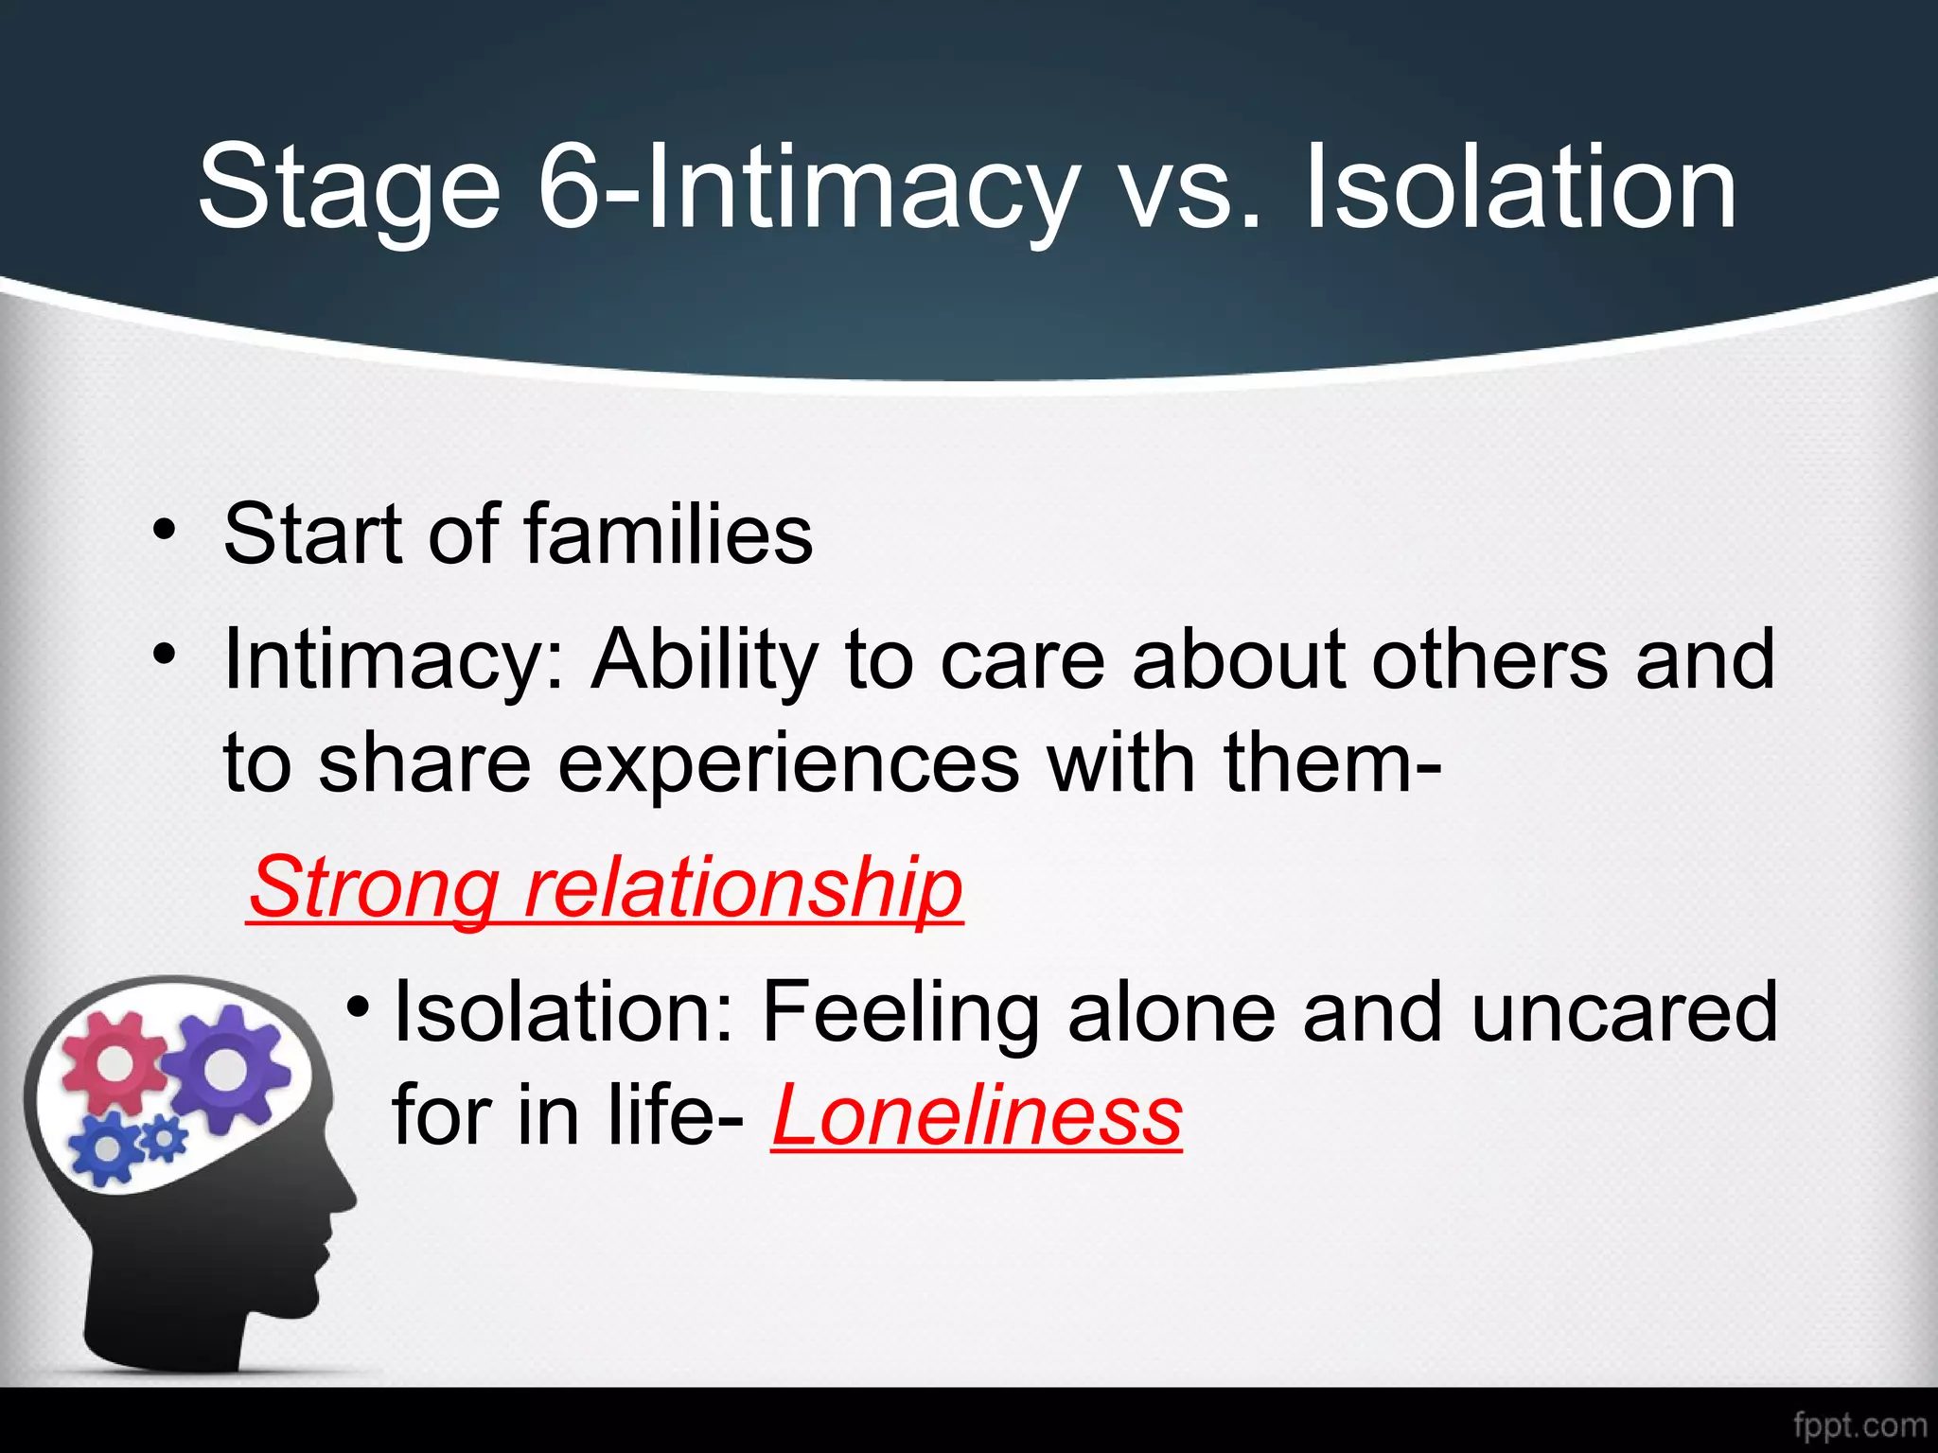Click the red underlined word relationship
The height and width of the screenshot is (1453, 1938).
click(x=744, y=887)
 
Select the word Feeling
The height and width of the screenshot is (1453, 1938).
click(x=900, y=1012)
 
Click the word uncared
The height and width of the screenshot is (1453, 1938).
click(x=1624, y=1012)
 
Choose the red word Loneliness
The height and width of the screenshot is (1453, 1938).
click(x=977, y=1116)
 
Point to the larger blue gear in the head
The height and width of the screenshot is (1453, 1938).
click(x=107, y=1147)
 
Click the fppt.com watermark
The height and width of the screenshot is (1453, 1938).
click(x=1859, y=1425)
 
